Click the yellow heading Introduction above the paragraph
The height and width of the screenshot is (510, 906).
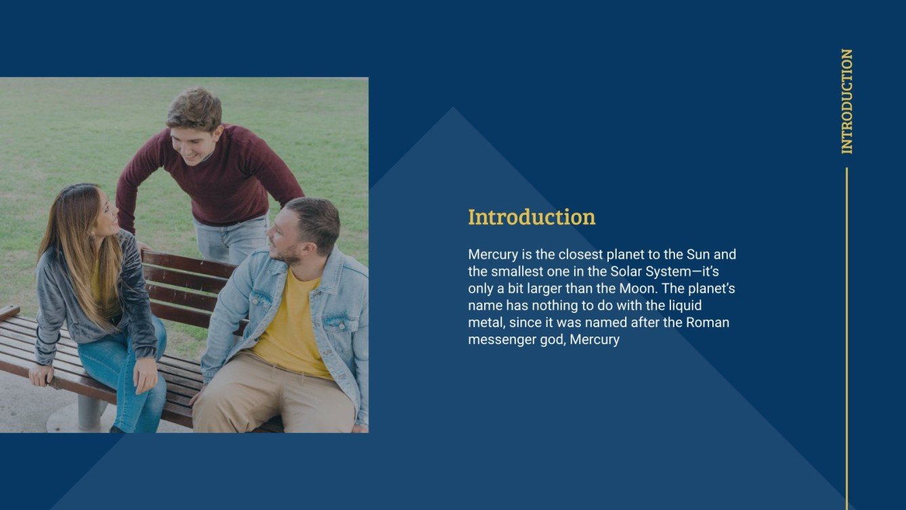click(x=532, y=217)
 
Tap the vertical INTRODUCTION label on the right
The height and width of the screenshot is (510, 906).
click(x=846, y=101)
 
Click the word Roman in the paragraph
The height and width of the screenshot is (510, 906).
click(x=708, y=322)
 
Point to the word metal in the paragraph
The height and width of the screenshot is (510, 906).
click(x=486, y=322)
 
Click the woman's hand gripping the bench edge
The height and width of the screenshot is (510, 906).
click(x=41, y=375)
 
